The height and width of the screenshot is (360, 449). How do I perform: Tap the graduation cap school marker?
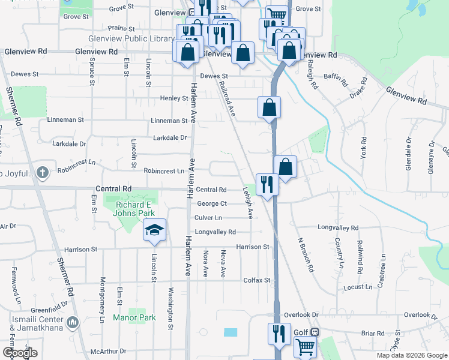tap(154, 230)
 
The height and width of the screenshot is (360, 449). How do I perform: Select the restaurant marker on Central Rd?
tap(267, 184)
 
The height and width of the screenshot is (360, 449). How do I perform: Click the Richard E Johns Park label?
tap(135, 209)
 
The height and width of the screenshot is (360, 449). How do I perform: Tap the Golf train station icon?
tap(315, 332)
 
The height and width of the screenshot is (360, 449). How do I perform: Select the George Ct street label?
tap(211, 204)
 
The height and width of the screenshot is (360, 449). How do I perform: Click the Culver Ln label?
tap(208, 218)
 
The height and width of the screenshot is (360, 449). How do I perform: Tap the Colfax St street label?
tap(257, 280)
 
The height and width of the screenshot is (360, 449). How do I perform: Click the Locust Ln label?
tap(358, 287)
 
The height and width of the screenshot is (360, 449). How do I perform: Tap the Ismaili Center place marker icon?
tap(73, 323)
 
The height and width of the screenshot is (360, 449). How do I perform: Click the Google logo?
tap(20, 353)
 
